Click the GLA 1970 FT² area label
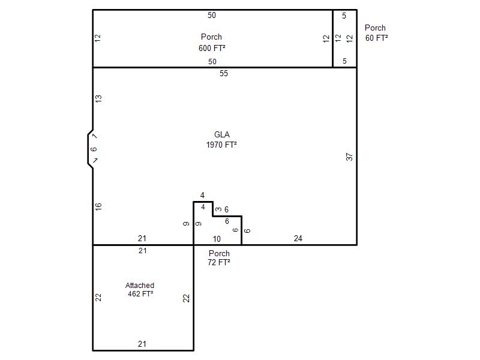point(221,140)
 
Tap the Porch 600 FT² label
point(212,42)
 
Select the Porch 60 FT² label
point(376,33)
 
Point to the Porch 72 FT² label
point(219,258)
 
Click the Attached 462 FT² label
point(140,290)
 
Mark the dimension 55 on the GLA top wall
point(224,73)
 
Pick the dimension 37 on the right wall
point(349,157)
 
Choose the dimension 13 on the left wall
point(98,99)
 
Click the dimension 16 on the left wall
point(98,206)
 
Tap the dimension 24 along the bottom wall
point(298,238)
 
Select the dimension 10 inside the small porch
point(217,239)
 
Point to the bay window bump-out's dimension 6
point(94,149)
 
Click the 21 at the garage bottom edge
point(142,344)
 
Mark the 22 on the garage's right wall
point(186,298)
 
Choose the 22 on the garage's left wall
point(98,297)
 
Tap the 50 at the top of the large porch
point(212,16)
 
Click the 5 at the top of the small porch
point(344,16)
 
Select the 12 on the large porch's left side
point(97,38)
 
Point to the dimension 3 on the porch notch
point(218,209)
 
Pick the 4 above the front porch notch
point(202,196)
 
